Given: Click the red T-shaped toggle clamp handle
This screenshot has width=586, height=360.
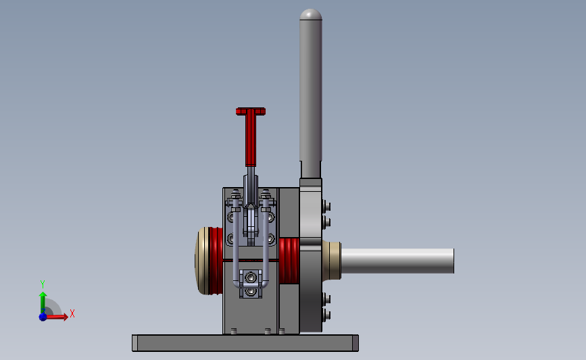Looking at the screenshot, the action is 251,134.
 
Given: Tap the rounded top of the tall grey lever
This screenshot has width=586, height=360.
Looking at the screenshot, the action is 310,14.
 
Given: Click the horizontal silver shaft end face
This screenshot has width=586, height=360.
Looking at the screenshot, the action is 454,261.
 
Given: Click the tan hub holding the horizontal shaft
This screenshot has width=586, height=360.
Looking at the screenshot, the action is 331,260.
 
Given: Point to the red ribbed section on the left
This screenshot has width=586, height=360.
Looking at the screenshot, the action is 216,261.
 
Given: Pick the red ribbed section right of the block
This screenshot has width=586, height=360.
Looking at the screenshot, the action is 289,261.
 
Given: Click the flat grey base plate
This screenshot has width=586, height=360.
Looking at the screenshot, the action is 245,343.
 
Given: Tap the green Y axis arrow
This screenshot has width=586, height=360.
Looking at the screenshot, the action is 43,303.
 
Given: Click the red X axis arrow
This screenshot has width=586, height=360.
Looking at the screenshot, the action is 56,317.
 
